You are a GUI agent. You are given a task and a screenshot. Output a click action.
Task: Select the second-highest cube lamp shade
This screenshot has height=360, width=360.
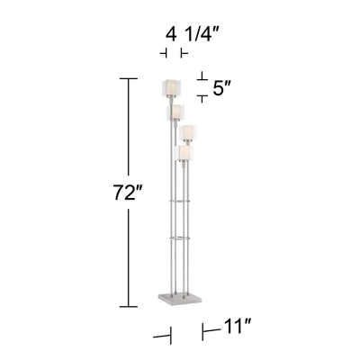click(175, 113)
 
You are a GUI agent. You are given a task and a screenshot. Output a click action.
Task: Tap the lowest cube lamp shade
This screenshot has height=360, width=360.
click(184, 155)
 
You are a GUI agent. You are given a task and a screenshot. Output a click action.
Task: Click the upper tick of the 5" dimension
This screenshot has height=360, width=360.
click(202, 76)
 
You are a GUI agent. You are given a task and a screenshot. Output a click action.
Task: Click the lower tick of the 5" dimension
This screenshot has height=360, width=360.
click(202, 99)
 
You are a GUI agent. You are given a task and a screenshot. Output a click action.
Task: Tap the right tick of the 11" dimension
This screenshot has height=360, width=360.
click(202, 332)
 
